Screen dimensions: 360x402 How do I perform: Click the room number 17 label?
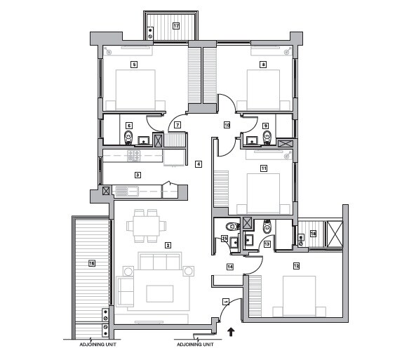[x=176, y=26]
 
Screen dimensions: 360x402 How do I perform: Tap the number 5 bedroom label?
[x=133, y=65]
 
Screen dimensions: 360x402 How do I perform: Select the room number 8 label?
[x=263, y=65]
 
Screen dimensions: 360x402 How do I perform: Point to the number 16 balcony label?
[x=91, y=263]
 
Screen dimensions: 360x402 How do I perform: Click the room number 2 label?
[x=167, y=245]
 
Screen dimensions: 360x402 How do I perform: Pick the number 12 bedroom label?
[x=296, y=266]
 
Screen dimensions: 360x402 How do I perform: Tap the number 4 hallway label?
[x=199, y=164]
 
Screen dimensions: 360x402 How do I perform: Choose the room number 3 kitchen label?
[x=138, y=175]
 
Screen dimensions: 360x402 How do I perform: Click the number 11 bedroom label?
[x=263, y=168]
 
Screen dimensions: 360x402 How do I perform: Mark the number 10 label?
[x=227, y=125]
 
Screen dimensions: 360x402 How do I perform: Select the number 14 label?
[x=229, y=267]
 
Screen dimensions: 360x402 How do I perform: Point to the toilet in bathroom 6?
[x=128, y=135]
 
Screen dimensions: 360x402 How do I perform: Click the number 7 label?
[x=177, y=125]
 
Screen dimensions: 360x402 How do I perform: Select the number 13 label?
[x=267, y=244]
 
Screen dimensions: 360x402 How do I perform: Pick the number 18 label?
[x=313, y=233]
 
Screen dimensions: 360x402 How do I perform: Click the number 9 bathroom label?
[x=265, y=126]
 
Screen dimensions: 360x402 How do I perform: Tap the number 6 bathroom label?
[x=129, y=125]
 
